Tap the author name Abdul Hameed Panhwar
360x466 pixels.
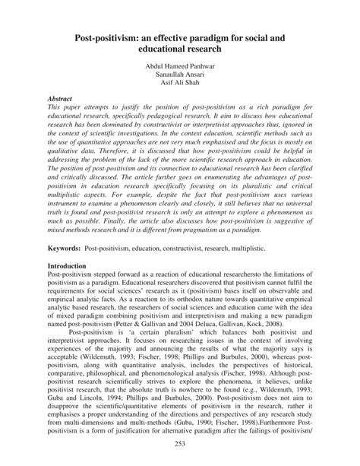(x=180, y=67)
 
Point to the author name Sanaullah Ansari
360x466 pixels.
(x=180, y=76)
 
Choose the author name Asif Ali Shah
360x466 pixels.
(x=180, y=85)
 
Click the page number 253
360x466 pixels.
(x=180, y=444)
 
